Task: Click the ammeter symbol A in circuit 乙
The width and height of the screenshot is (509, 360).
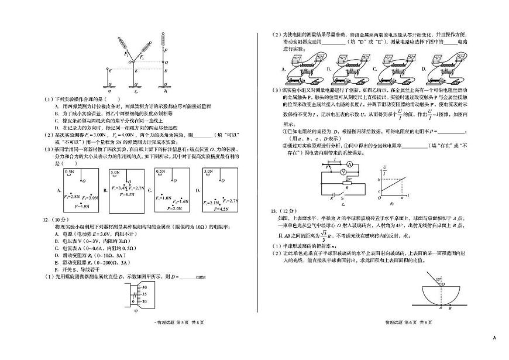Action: coord(349,166)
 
